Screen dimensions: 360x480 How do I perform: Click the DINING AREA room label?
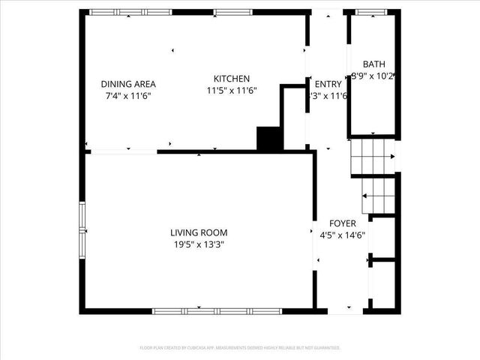(x=129, y=84)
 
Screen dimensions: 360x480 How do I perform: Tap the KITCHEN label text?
(x=231, y=79)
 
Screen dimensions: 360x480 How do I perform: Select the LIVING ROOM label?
(x=198, y=232)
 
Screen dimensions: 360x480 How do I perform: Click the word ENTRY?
(x=328, y=84)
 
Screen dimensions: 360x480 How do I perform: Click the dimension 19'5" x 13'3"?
(x=198, y=244)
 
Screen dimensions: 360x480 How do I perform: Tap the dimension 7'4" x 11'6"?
(x=129, y=96)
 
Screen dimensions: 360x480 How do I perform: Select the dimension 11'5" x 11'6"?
(x=232, y=90)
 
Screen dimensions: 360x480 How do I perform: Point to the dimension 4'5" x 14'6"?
(x=342, y=235)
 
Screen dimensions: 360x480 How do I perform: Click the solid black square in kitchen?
(x=268, y=139)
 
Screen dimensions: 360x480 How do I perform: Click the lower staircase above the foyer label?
(x=378, y=195)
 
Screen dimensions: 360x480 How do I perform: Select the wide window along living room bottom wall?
(x=217, y=310)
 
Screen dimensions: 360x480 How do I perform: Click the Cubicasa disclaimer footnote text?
(x=240, y=348)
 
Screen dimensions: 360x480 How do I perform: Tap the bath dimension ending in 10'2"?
(x=373, y=76)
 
